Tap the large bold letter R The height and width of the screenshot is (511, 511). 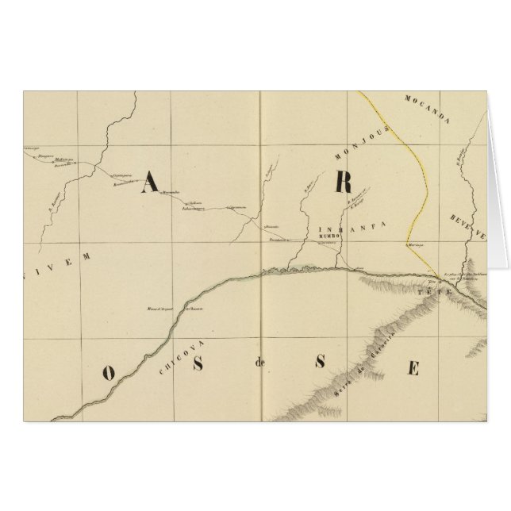click(342, 182)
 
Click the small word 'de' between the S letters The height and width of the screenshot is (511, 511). click(258, 366)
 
